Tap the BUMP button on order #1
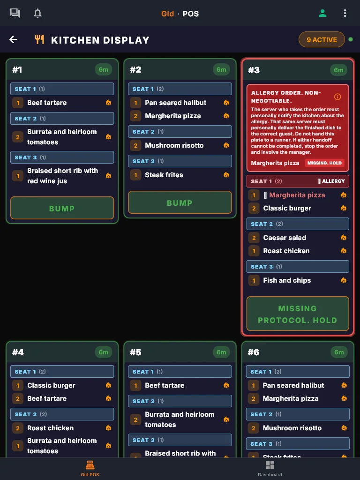[62, 208]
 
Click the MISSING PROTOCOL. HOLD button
[298, 314]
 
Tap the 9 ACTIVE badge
[322, 40]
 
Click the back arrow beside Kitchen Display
[13, 39]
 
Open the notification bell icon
[37, 14]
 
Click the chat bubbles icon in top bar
[15, 13]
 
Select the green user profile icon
[322, 13]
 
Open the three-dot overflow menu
[345, 13]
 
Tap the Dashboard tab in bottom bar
[270, 469]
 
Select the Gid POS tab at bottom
[90, 469]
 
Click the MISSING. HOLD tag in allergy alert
[324, 163]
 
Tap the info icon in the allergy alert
[337, 97]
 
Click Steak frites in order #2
[164, 175]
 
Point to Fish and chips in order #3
[287, 280]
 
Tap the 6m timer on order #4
[104, 352]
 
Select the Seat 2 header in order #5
[180, 401]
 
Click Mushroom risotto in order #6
[292, 428]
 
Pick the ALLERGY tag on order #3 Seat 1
[331, 181]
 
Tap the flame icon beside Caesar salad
[344, 238]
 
